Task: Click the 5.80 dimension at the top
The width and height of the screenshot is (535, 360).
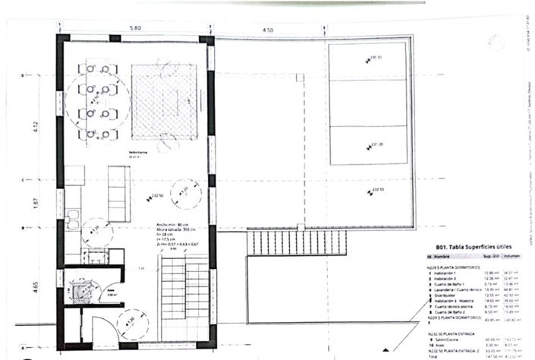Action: coord(135,28)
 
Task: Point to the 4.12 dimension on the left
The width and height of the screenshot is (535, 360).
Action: coord(35,126)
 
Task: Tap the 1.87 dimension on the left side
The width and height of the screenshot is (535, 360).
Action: coord(35,203)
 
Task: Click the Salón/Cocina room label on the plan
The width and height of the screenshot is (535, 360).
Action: coord(137,151)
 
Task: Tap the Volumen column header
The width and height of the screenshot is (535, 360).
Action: coord(514,258)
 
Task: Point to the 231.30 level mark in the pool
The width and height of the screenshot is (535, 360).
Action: coord(375,144)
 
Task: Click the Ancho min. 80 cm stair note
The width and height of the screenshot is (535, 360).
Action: coord(170,225)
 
